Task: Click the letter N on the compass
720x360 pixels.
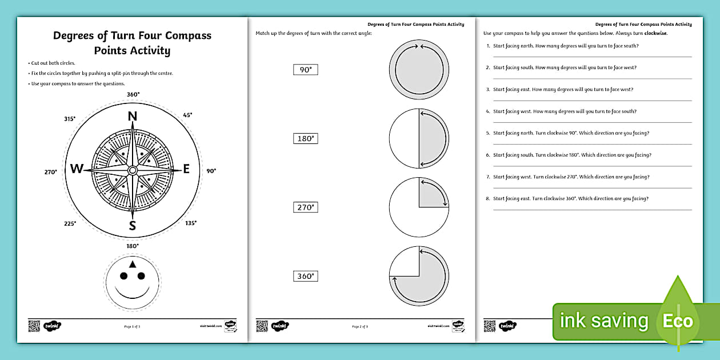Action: pyautogui.click(x=133, y=117)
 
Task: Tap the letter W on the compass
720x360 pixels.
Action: pyautogui.click(x=77, y=169)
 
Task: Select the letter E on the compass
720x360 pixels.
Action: pyautogui.click(x=186, y=169)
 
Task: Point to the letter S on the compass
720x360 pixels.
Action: pyautogui.click(x=133, y=226)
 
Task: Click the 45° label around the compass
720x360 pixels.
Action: pyautogui.click(x=187, y=115)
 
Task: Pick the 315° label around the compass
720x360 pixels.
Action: pyautogui.click(x=70, y=119)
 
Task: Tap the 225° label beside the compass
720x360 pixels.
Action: pyautogui.click(x=70, y=223)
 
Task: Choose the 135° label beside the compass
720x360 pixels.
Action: pyautogui.click(x=191, y=223)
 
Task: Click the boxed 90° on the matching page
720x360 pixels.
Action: pyautogui.click(x=305, y=70)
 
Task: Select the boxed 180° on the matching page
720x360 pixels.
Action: pyautogui.click(x=305, y=139)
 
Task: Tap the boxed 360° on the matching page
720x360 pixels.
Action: pyautogui.click(x=305, y=276)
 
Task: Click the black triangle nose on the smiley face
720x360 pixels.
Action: pyautogui.click(x=133, y=264)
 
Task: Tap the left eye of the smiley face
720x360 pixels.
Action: pyautogui.click(x=123, y=277)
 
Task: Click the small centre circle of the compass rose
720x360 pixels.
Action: pyautogui.click(x=133, y=170)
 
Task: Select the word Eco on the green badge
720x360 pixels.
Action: pyautogui.click(x=677, y=321)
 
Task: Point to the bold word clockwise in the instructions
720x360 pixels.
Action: pyautogui.click(x=655, y=34)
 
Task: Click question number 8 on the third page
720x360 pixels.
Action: pyautogui.click(x=488, y=199)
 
